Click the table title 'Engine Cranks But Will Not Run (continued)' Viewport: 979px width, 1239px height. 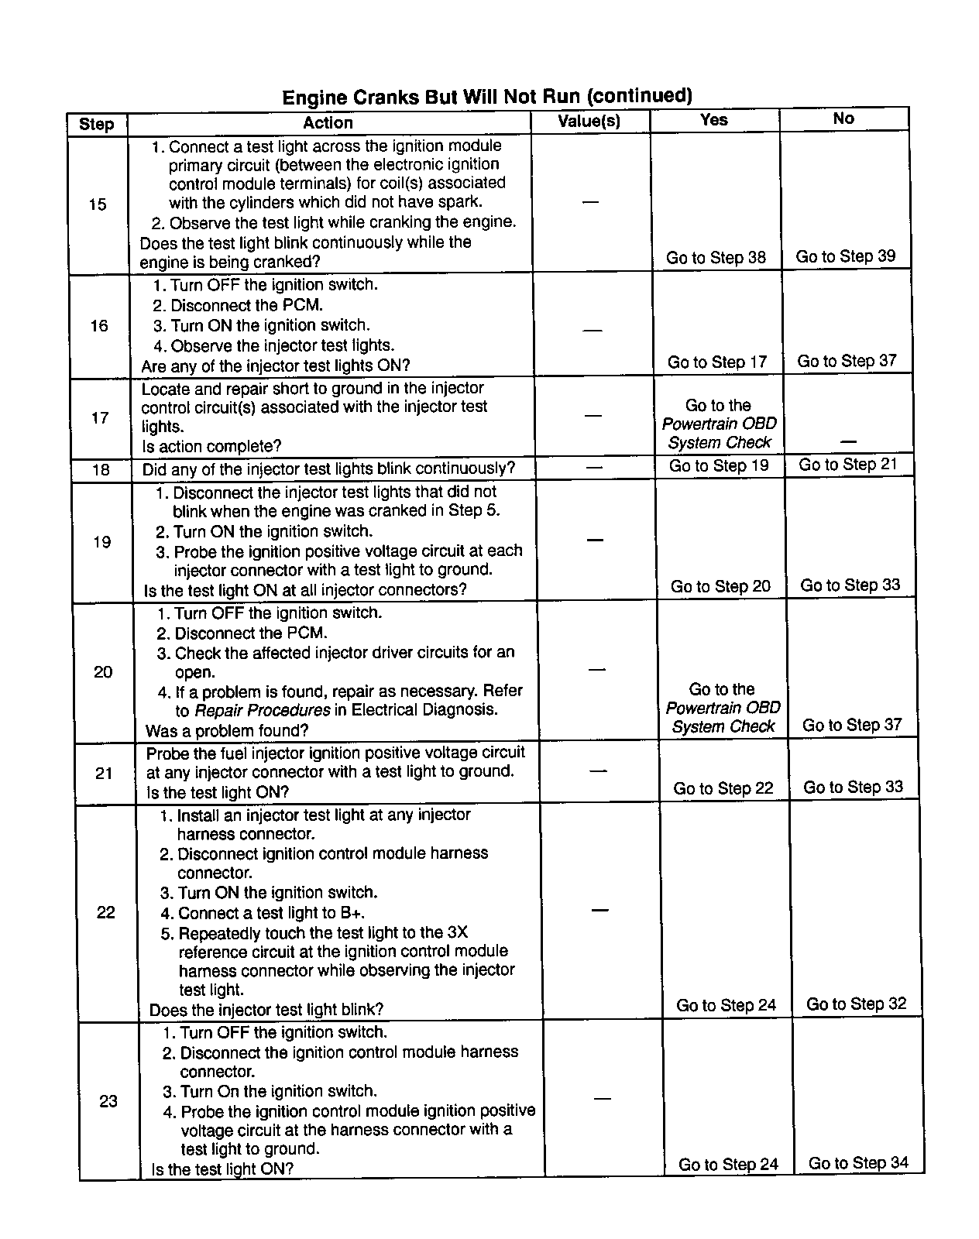pyautogui.click(x=486, y=96)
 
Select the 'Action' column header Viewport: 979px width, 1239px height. pyautogui.click(x=328, y=123)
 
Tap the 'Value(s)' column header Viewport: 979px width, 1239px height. pyautogui.click(x=589, y=122)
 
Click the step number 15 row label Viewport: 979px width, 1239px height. pyautogui.click(x=98, y=204)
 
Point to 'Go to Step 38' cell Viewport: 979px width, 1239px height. pyautogui.click(x=716, y=258)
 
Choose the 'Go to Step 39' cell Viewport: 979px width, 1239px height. pyautogui.click(x=846, y=256)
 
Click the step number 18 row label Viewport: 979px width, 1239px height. pyautogui.click(x=101, y=470)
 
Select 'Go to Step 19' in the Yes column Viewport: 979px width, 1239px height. pyautogui.click(x=719, y=465)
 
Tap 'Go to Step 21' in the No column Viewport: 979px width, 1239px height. pyautogui.click(x=848, y=465)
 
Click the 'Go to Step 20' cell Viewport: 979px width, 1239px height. pyautogui.click(x=720, y=586)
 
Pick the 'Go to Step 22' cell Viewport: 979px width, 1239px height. pyautogui.click(x=723, y=788)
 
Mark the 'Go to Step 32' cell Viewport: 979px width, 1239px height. pyautogui.click(x=856, y=1004)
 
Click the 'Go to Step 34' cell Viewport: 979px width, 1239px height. pyautogui.click(x=858, y=1163)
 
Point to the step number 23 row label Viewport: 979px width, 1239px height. pyautogui.click(x=108, y=1101)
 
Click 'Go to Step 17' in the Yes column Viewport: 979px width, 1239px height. pyautogui.click(x=717, y=362)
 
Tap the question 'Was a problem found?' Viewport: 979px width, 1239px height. pyautogui.click(x=227, y=731)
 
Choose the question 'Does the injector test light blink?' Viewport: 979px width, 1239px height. pyautogui.click(x=266, y=1010)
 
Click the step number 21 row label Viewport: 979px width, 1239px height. pyautogui.click(x=104, y=773)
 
